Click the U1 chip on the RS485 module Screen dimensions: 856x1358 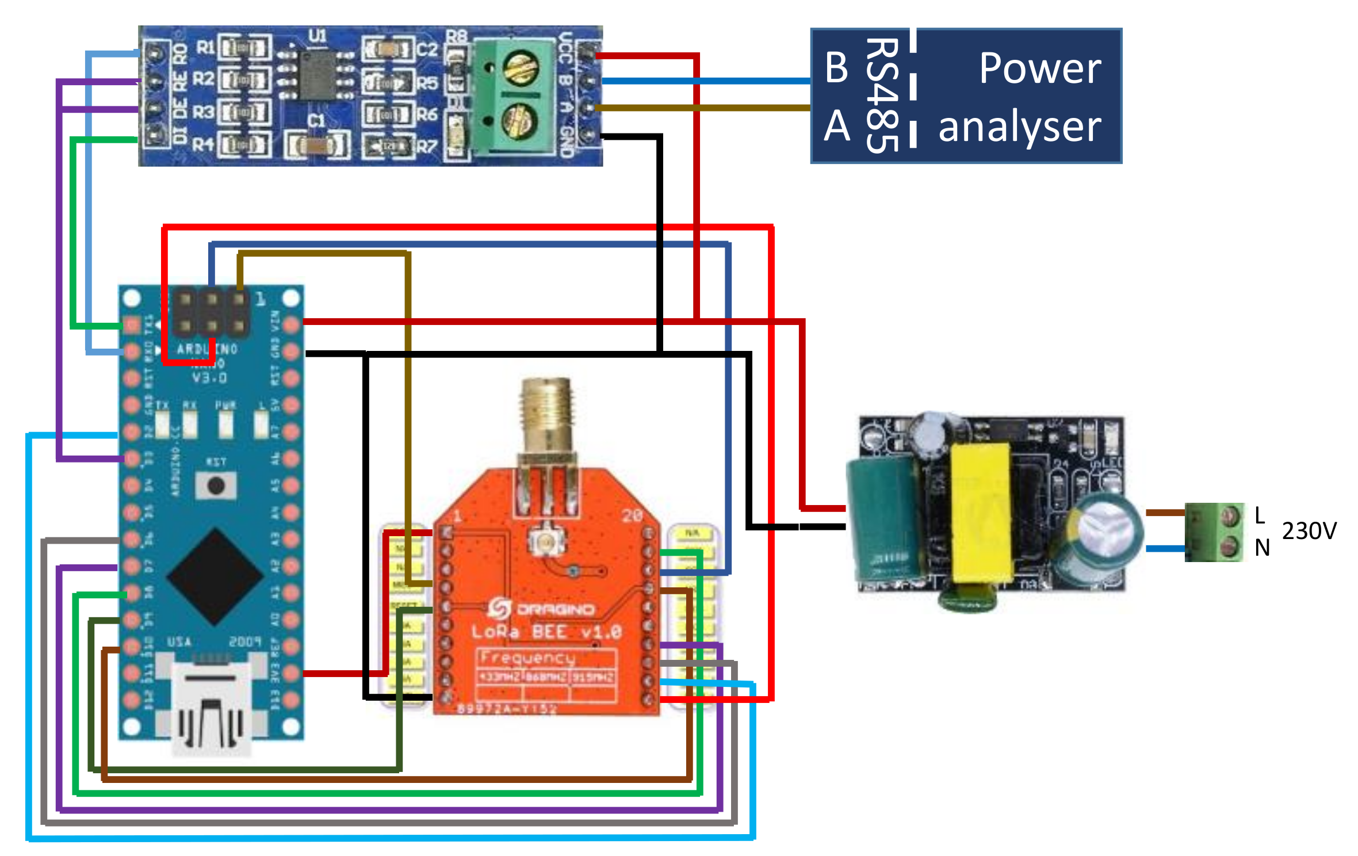[317, 74]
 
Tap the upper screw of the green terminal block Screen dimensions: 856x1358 [520, 67]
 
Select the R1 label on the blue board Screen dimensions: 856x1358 [205, 47]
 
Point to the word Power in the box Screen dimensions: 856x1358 [1039, 68]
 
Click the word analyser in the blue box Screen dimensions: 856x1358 [1019, 127]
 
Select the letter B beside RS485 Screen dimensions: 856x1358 [836, 67]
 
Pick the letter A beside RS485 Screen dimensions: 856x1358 [836, 125]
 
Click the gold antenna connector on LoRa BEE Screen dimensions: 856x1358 [546, 414]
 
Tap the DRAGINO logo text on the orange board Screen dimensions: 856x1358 [554, 609]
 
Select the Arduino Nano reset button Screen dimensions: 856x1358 [216, 485]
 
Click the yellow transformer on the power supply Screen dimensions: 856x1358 [981, 512]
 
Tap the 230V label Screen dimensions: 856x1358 [1309, 530]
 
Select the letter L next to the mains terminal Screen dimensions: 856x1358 [1259, 515]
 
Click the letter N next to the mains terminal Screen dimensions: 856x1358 [1262, 548]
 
